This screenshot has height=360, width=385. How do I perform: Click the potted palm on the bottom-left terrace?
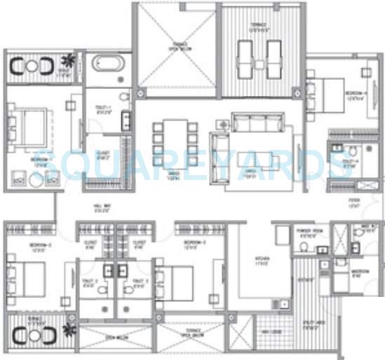(x=69, y=328)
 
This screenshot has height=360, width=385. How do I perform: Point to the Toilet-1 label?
(x=103, y=109)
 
